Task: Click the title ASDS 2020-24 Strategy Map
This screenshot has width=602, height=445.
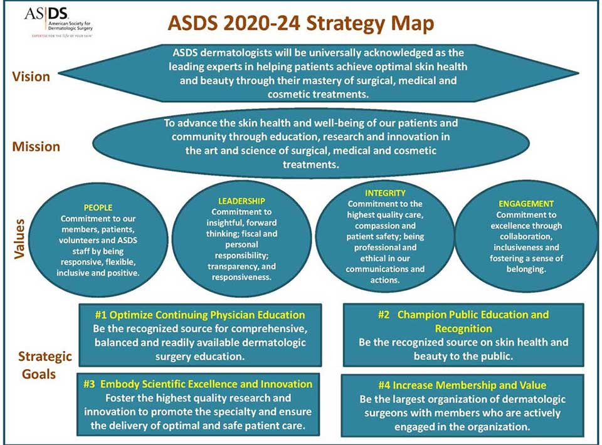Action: point(300,24)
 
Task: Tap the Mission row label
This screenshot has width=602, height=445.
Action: point(36,147)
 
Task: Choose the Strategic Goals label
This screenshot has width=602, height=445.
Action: point(45,365)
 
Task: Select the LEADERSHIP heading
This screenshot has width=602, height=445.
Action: point(237,201)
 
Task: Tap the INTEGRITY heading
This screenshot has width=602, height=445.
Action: point(385,193)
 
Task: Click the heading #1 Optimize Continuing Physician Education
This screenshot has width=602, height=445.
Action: point(200,315)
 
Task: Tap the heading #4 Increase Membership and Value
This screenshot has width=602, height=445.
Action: point(462,385)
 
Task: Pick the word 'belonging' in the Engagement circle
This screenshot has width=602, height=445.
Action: point(525,269)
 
